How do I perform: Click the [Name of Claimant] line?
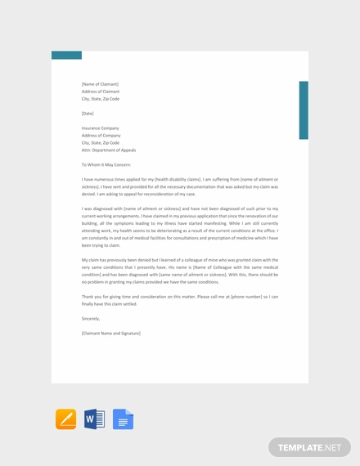pos(100,83)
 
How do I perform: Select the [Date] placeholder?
pos(88,114)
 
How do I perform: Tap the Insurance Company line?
pos(100,128)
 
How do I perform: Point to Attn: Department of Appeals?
pos(109,150)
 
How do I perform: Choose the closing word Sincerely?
pos(91,318)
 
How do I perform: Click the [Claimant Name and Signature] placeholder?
pos(111,333)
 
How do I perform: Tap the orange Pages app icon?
pos(65,419)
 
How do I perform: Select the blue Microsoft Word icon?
pos(94,419)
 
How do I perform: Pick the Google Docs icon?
pos(123,419)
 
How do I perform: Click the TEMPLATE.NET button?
pos(309,447)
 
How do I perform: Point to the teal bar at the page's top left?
pos(66,56)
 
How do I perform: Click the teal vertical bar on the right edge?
pos(304,110)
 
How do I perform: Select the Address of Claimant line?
pos(100,91)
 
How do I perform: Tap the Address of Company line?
pos(101,136)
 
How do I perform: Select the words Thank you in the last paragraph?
pos(91,297)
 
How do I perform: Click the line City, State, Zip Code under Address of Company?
pos(100,143)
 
